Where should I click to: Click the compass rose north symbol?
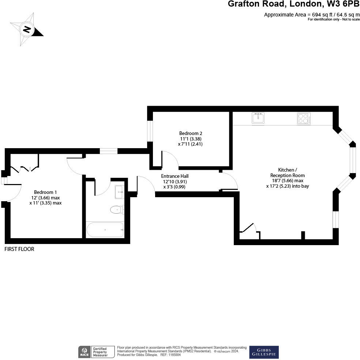click(x=26, y=29)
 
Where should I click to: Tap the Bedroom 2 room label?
click(x=191, y=133)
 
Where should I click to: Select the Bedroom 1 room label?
click(x=45, y=192)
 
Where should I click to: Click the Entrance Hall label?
click(x=175, y=176)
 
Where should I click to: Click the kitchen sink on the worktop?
click(x=259, y=118)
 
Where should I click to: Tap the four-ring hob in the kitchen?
click(x=304, y=119)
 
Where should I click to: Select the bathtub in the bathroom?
click(x=105, y=230)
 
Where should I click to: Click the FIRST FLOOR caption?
click(x=19, y=249)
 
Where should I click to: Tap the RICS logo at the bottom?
click(x=84, y=352)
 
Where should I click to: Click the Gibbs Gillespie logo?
click(x=264, y=352)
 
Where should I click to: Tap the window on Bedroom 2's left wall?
click(x=150, y=131)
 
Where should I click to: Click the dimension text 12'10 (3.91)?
click(x=175, y=181)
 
